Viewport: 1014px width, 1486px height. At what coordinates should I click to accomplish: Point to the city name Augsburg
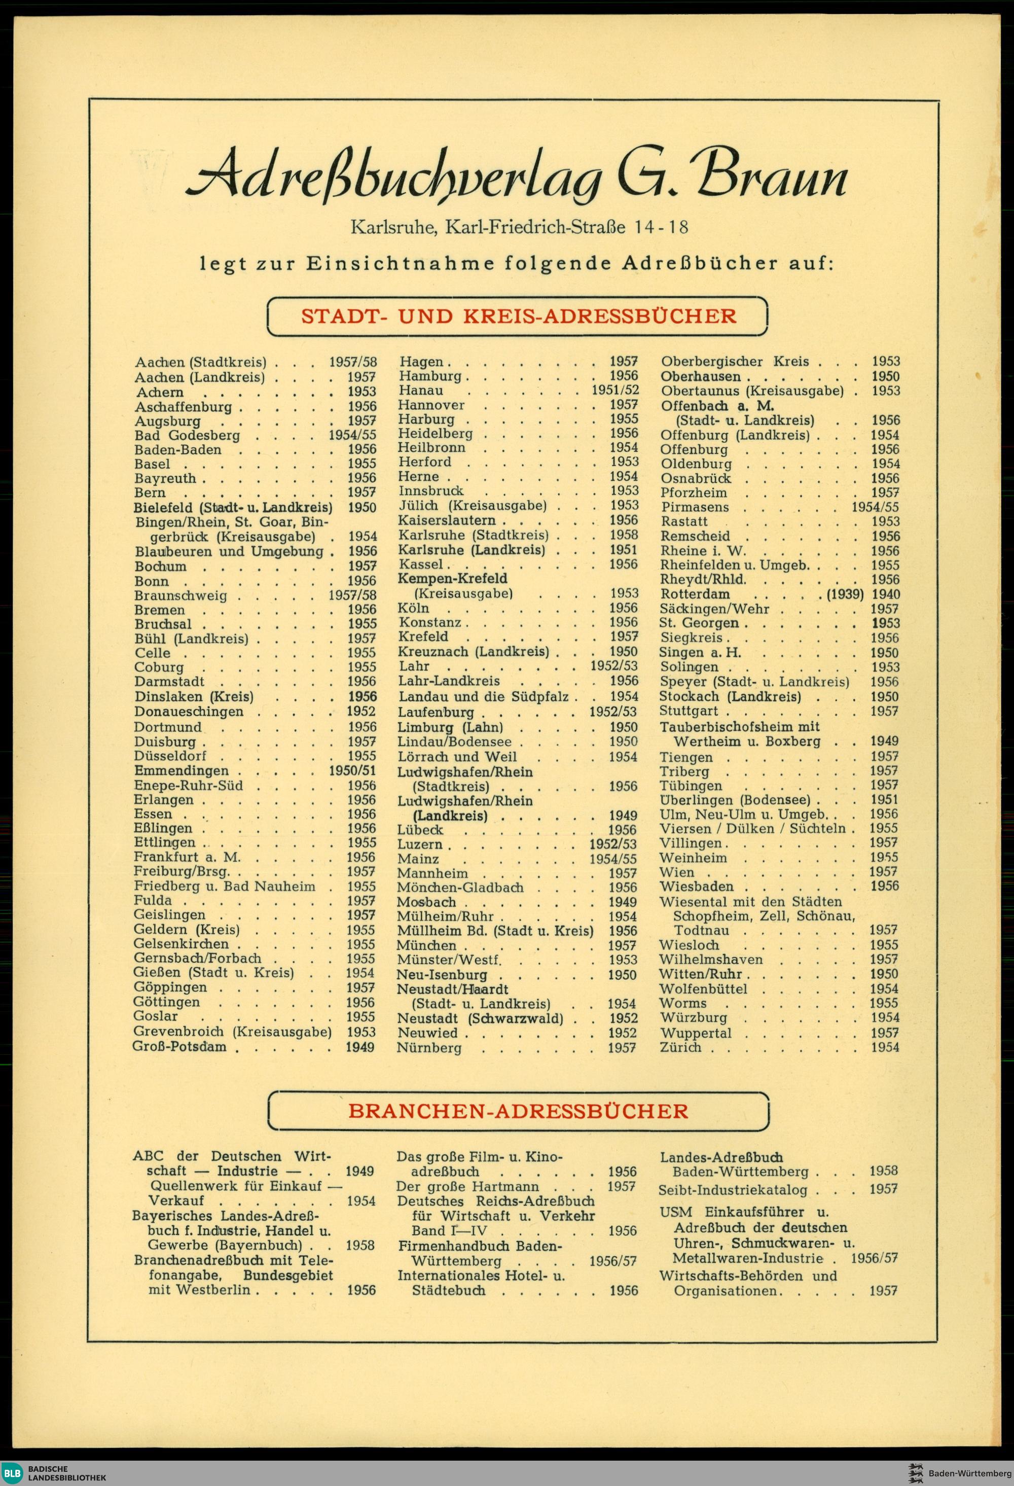tap(167, 421)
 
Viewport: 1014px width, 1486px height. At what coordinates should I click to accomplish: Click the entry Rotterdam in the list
tap(695, 594)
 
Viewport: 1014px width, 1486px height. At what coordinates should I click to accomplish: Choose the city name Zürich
tap(680, 1047)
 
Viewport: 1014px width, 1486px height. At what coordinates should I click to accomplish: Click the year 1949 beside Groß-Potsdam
tap(360, 1047)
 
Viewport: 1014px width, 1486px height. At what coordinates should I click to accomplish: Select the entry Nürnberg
tap(429, 1047)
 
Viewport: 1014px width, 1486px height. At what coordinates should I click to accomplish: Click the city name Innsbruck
tap(431, 491)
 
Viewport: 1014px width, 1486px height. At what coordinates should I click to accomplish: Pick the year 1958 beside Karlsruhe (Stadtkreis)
tap(624, 535)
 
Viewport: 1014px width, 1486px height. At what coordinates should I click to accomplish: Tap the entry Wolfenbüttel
tap(703, 988)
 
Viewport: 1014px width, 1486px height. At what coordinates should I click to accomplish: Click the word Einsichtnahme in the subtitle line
tap(400, 263)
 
